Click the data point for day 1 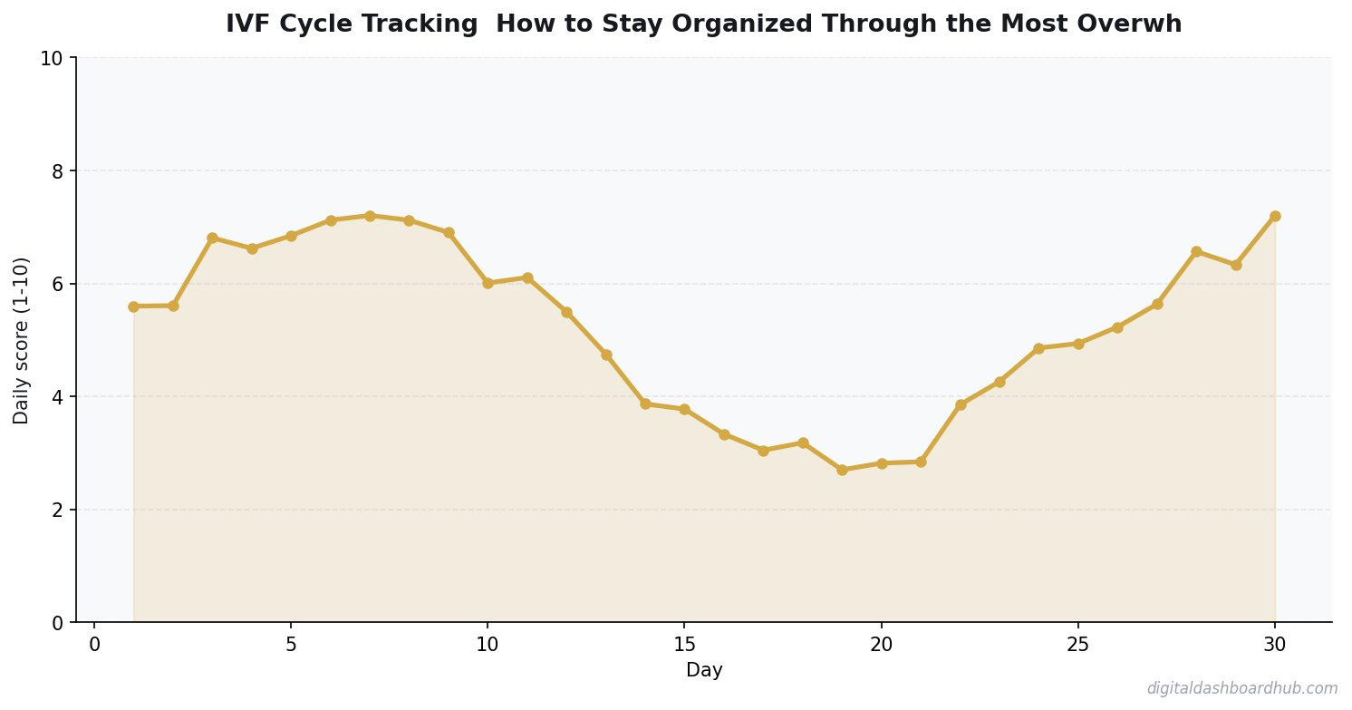click(133, 306)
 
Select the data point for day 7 click(370, 216)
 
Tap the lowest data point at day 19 click(842, 470)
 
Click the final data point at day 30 click(1275, 216)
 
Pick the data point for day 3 click(212, 238)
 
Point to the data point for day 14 click(645, 404)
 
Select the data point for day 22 click(961, 404)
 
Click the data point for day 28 click(1196, 251)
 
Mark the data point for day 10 click(488, 283)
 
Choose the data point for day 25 click(1078, 344)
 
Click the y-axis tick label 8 click(57, 171)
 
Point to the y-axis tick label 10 click(52, 59)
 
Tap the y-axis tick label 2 click(57, 511)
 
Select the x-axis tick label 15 click(684, 645)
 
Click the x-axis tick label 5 click(291, 645)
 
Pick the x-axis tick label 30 click(1275, 645)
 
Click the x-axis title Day click(704, 671)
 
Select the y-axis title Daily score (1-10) click(22, 340)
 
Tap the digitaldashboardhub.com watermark click(1241, 689)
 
